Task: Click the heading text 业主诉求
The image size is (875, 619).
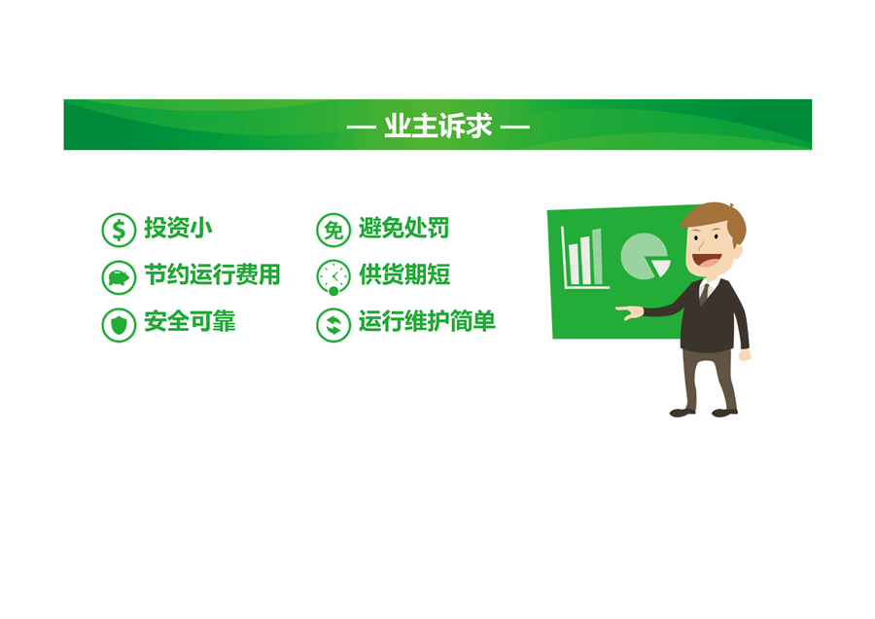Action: coord(438,126)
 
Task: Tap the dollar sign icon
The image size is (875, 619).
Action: coord(119,230)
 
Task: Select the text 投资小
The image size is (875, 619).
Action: coord(178,228)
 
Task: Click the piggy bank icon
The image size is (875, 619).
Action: coord(119,277)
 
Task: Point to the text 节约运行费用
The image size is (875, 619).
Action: coord(212,274)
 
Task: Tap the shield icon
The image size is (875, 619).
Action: coord(119,324)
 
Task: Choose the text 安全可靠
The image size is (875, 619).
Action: coord(190,322)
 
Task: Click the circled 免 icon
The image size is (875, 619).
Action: coord(333,230)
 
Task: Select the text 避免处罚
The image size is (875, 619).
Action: coord(404,228)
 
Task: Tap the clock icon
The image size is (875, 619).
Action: coord(333,277)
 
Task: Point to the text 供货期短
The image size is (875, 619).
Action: coord(404,274)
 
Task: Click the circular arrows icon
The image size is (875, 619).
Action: coord(333,324)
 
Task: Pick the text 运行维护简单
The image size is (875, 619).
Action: coord(427,322)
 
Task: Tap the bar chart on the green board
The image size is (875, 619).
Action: coord(584,258)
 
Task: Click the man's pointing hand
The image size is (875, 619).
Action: coord(629,311)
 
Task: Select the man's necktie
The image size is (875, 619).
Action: coord(704,294)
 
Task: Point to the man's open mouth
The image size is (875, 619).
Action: coord(707,260)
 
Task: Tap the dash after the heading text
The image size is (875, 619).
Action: coord(514,127)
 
